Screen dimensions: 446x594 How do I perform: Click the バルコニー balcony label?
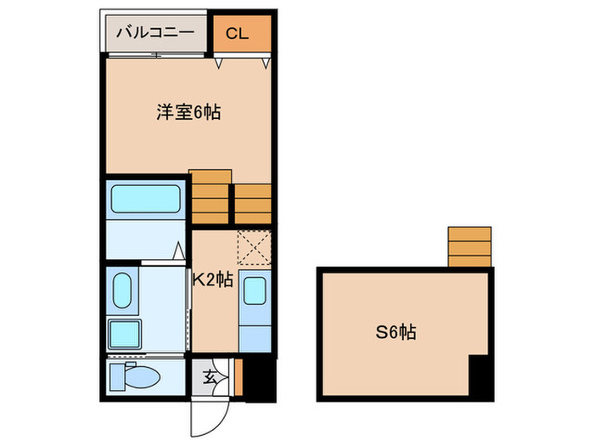(x=155, y=33)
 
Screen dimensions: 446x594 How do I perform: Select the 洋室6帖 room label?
(x=188, y=111)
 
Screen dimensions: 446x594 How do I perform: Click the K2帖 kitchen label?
(x=212, y=279)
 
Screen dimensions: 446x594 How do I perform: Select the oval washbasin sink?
(x=121, y=291)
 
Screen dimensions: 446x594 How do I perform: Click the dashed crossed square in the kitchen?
(x=253, y=248)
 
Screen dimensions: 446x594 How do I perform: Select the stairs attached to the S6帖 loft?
(x=469, y=246)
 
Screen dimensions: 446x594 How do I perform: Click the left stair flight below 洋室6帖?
(x=210, y=197)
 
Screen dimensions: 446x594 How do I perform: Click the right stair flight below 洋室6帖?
(x=253, y=204)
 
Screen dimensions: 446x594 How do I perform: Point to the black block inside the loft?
(x=480, y=376)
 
